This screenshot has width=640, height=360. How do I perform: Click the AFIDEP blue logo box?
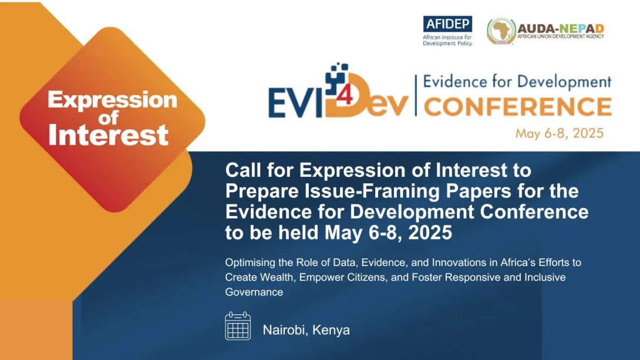point(447,24)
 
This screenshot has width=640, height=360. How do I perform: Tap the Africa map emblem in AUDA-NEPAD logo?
point(500,31)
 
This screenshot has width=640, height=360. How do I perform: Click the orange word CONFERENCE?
point(517,107)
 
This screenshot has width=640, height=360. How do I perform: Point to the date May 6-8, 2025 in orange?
point(559,133)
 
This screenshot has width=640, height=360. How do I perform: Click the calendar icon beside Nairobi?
point(238,326)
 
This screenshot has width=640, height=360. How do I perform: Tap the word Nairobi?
point(285,330)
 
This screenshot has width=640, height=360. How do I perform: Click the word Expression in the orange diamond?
point(112,100)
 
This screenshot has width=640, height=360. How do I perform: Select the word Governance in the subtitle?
point(254,292)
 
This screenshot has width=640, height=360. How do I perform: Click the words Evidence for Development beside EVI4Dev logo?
point(517,82)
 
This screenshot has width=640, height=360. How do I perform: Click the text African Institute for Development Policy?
point(447,40)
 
